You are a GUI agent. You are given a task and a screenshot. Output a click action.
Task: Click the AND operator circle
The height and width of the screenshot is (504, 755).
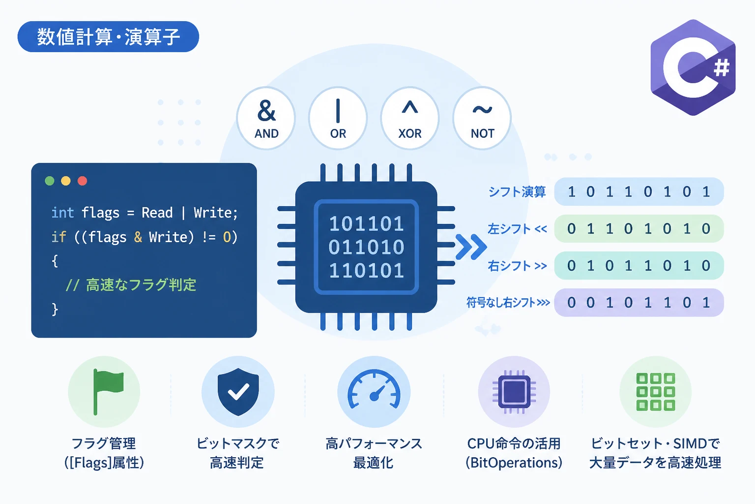point(266,118)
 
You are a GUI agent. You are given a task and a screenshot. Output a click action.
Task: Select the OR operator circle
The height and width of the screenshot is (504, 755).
point(338,118)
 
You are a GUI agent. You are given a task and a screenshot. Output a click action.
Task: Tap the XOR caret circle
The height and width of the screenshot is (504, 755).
point(410,118)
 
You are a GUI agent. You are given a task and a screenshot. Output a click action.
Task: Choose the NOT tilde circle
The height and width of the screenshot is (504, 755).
point(482,118)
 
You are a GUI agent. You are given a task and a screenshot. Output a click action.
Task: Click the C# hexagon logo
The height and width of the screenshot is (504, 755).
point(693,67)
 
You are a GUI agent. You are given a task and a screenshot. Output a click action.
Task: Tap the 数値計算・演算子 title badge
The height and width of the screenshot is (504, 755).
point(108,37)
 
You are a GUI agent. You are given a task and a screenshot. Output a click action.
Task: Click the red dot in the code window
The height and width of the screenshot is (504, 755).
point(82,181)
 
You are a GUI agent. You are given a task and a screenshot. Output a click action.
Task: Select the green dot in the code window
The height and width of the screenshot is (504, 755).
point(50,181)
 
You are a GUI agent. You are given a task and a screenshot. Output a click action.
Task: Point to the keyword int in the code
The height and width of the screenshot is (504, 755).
point(63,213)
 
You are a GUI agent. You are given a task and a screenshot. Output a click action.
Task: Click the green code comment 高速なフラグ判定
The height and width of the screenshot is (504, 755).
point(131,284)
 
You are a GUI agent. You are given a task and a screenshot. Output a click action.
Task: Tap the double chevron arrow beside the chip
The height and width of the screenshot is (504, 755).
point(471,247)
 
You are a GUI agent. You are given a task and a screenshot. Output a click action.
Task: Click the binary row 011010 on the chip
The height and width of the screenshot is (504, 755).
point(366,247)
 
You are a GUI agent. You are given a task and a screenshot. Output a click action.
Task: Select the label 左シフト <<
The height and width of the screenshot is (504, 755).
point(518,229)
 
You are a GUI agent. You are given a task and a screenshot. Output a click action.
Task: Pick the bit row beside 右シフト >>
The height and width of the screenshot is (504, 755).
point(639,266)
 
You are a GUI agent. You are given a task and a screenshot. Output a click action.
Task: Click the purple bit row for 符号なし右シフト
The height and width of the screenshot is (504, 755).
point(639,303)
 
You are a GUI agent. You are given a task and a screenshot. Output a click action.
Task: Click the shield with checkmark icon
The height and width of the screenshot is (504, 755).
point(238,392)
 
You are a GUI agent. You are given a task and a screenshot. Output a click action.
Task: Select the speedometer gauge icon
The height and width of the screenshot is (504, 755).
point(374,389)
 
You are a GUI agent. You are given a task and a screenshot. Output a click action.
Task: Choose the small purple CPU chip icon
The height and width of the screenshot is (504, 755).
point(514,392)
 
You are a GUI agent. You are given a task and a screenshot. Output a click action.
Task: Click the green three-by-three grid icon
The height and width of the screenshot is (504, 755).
point(656,392)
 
